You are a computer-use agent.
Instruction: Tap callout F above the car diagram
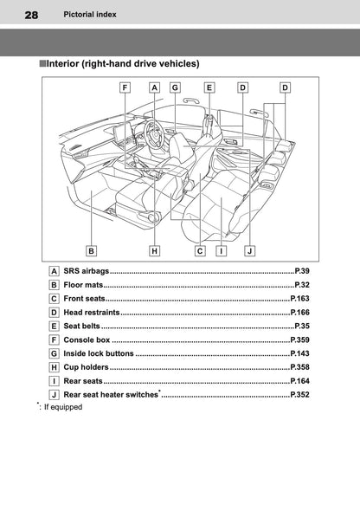tap(126, 87)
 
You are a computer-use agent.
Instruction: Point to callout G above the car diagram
tap(176, 87)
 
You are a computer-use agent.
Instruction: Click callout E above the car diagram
tap(209, 87)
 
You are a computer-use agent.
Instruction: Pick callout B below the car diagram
tap(91, 250)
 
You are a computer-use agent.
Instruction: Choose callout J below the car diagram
tap(249, 250)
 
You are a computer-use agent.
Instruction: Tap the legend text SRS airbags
tap(87, 271)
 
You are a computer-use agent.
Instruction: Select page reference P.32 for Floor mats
tap(301, 285)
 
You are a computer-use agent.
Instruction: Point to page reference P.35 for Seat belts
tap(301, 326)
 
